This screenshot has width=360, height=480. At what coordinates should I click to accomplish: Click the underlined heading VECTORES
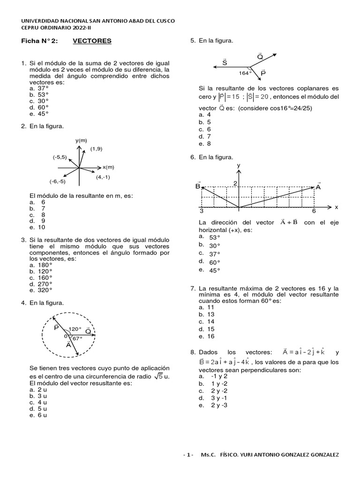click(92, 41)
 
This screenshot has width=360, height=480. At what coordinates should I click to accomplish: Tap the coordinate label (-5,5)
click(60, 157)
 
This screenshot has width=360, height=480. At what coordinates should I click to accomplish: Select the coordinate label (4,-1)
click(103, 177)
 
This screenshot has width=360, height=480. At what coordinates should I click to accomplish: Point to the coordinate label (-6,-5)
click(58, 181)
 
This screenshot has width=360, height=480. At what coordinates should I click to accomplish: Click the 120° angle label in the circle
click(75, 329)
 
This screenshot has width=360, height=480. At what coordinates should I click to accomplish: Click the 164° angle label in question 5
click(245, 73)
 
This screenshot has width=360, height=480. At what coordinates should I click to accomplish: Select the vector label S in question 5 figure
click(225, 62)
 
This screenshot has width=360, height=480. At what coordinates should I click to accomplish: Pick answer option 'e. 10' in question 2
click(37, 227)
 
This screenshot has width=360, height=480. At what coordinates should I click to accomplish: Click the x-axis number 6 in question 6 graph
click(314, 211)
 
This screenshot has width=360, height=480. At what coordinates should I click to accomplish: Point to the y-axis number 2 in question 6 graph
click(235, 183)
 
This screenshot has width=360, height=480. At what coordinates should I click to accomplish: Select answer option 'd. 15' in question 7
click(206, 329)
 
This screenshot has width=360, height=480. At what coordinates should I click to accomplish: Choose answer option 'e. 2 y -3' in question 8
click(213, 405)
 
